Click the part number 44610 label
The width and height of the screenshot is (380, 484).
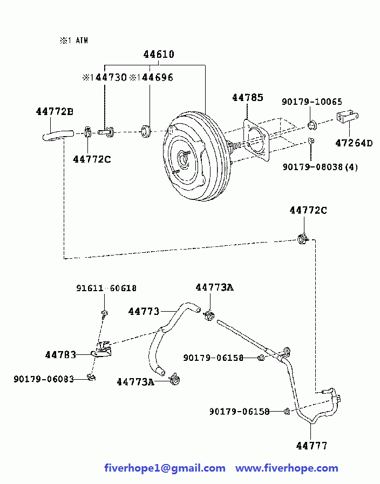tap(159, 55)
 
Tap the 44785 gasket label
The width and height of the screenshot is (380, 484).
tap(248, 98)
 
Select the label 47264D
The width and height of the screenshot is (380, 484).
tap(354, 143)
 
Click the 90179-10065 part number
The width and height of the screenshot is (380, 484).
tap(312, 102)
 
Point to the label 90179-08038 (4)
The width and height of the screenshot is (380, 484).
tap(320, 167)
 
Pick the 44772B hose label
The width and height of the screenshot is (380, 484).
tap(55, 111)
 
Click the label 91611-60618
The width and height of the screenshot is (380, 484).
tap(106, 288)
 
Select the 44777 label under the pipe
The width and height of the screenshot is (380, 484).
tap(311, 446)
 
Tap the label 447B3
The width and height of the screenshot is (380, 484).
tap(60, 355)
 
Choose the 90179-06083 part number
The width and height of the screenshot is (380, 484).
tap(44, 379)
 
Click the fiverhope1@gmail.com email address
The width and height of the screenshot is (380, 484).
tap(165, 468)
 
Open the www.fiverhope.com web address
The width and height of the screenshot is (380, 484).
tap(287, 468)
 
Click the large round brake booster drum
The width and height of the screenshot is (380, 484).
tap(197, 157)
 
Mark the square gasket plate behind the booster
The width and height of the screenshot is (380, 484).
tap(256, 140)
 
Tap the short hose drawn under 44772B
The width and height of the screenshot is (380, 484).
tap(58, 135)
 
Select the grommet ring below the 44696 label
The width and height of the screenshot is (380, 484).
tap(146, 131)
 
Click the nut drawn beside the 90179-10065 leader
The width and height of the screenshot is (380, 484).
tap(312, 125)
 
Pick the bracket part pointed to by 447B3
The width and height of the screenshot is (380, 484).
tap(102, 349)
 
